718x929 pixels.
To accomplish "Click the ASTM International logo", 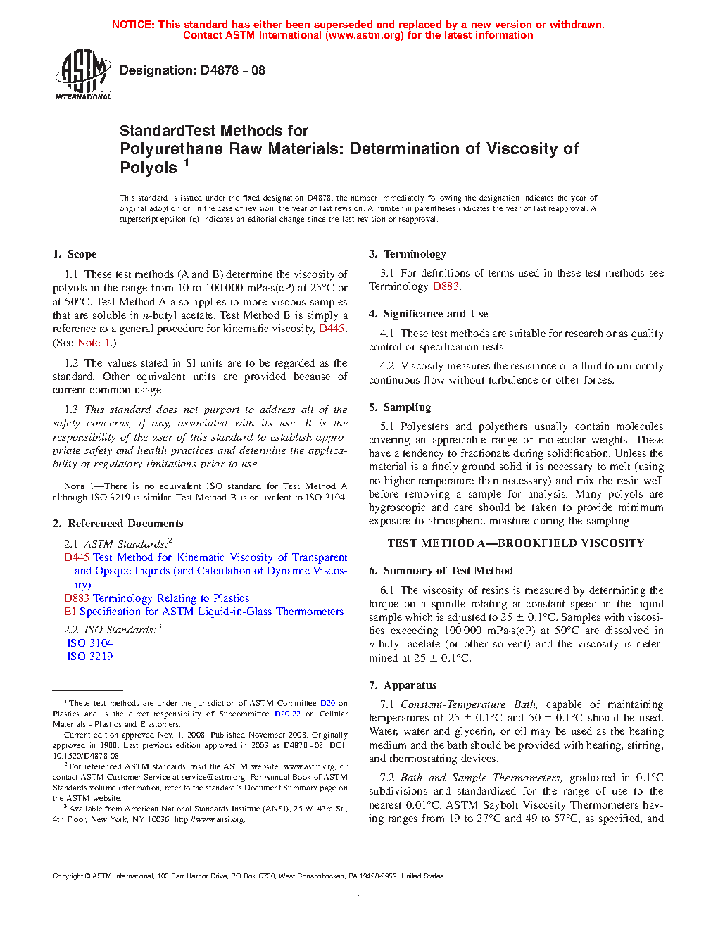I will pyautogui.click(x=83, y=74).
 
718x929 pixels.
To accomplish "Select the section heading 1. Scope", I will pyautogui.click(x=75, y=254).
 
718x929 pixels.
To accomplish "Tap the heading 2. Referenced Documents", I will pyautogui.click(x=118, y=524).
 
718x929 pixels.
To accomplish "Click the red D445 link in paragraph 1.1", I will pyautogui.click(x=332, y=329).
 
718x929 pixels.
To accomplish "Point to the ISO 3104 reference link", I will pyautogui.click(x=89, y=643).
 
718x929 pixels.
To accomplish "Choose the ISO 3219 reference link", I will pyautogui.click(x=89, y=657).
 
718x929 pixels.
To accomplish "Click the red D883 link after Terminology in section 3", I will pyautogui.click(x=446, y=286).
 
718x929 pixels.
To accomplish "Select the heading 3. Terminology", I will pyautogui.click(x=408, y=254).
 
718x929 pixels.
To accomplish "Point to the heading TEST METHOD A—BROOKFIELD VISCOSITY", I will pyautogui.click(x=516, y=543).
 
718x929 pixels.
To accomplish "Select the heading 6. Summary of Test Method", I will pyautogui.click(x=441, y=571).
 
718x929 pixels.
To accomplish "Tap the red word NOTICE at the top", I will pyautogui.click(x=133, y=25).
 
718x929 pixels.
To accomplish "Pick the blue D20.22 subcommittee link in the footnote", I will pyautogui.click(x=287, y=714).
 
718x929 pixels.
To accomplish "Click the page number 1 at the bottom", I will pyautogui.click(x=358, y=893).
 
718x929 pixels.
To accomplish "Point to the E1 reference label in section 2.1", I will pyautogui.click(x=70, y=612).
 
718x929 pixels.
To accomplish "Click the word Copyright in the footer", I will pyautogui.click(x=68, y=876).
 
